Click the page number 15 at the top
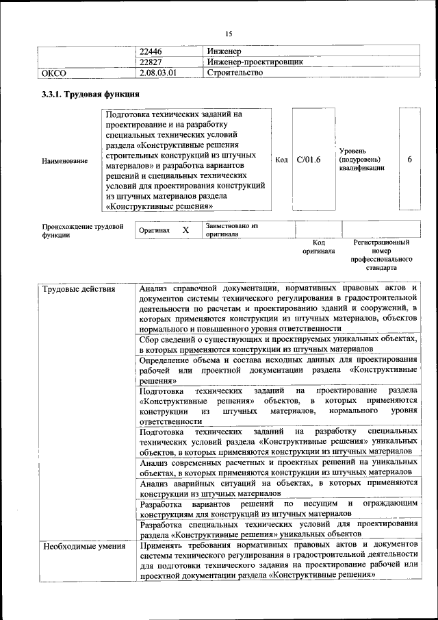(x=229, y=34)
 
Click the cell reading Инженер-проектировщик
(x=255, y=62)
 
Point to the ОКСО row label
(x=54, y=72)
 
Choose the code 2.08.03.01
(x=158, y=72)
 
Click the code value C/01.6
(x=309, y=160)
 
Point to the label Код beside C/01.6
(x=281, y=160)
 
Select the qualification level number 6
(x=409, y=160)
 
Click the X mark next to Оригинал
(x=185, y=230)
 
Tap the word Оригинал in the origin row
(x=154, y=231)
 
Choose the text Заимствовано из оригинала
(x=231, y=230)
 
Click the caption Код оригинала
(x=318, y=247)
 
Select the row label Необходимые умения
(x=83, y=546)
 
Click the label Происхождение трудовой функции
(x=82, y=230)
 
